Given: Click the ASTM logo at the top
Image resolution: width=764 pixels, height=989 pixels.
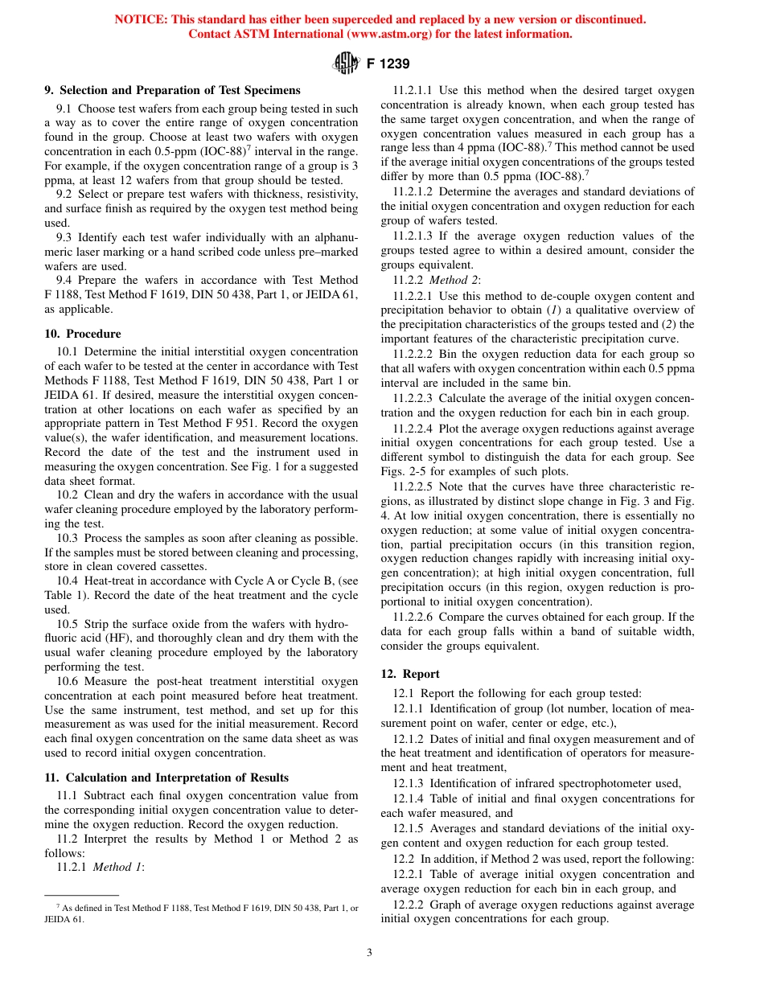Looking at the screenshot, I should click(x=346, y=64).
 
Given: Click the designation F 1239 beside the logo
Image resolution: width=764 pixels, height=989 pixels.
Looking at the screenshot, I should click(x=388, y=64).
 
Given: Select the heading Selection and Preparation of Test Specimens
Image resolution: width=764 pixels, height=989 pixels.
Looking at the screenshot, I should click(x=172, y=90).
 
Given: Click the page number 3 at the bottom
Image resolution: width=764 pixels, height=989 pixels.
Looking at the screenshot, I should click(x=369, y=953).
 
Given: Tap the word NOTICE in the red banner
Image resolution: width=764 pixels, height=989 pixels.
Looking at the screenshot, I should click(x=142, y=19).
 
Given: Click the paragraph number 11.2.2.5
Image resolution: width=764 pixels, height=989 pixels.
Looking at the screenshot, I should click(x=413, y=486).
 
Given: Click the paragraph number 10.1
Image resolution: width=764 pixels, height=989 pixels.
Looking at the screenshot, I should click(x=68, y=351).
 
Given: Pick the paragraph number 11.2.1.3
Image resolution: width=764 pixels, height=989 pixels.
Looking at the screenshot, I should click(x=413, y=236).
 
